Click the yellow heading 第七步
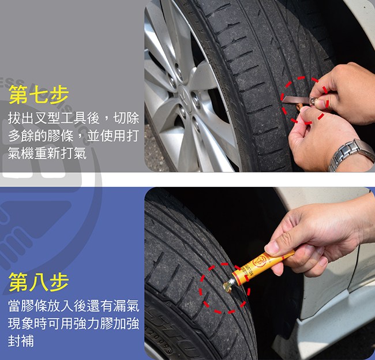point(39,95)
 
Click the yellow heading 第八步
point(39,282)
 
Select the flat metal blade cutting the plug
point(296,100)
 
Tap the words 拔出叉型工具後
point(54,118)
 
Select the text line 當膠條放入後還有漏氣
point(73,306)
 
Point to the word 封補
point(21,341)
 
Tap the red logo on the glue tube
point(259,262)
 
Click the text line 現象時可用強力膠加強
point(73,324)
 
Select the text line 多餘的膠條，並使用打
point(73,136)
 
